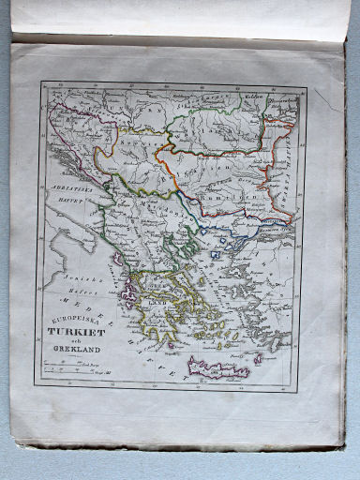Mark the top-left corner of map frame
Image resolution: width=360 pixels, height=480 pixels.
40,82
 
